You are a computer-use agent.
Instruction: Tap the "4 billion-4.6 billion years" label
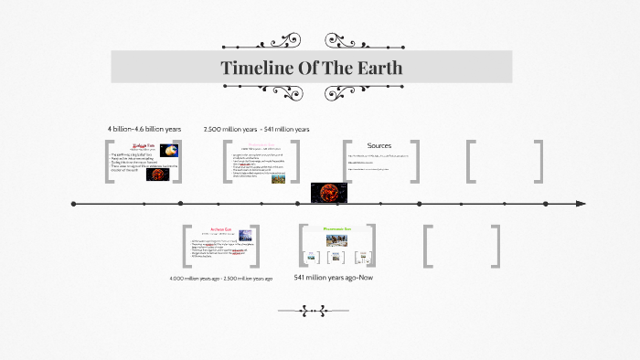[x=144, y=129]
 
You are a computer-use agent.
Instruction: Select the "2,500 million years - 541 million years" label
[x=256, y=129]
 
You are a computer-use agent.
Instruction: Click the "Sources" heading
[x=379, y=146]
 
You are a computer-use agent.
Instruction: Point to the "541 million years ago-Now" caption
[x=334, y=277]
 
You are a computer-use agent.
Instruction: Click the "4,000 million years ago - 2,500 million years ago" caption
[x=221, y=278]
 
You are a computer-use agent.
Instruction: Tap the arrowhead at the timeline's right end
[x=581, y=203]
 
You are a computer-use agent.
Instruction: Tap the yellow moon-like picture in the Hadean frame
[x=169, y=151]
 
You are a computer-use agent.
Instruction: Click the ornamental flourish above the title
[x=311, y=40]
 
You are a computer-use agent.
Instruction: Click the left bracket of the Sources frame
[x=348, y=162]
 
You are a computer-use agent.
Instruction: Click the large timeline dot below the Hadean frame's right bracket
[x=180, y=203]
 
